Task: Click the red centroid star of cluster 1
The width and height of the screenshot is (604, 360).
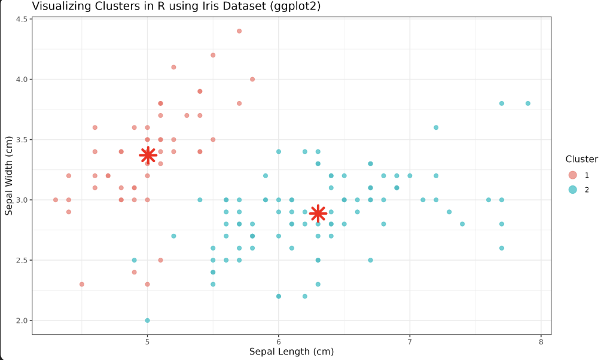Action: [x=148, y=155]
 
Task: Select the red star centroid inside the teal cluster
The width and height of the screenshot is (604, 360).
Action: [x=318, y=213]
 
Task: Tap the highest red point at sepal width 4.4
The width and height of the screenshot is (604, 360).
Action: [x=239, y=31]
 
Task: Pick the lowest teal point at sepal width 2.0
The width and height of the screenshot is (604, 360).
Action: [x=148, y=321]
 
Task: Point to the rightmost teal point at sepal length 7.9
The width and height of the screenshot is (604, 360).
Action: [x=528, y=103]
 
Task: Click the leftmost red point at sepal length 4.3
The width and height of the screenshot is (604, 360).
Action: [x=56, y=200]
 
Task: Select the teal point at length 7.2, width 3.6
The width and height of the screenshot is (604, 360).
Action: [x=436, y=127]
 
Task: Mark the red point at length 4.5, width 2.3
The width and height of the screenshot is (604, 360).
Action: [x=82, y=284]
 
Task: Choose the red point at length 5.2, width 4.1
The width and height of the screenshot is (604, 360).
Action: [x=173, y=67]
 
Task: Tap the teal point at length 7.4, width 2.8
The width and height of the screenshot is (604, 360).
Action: [x=462, y=224]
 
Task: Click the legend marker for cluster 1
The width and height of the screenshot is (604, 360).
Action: [x=572, y=175]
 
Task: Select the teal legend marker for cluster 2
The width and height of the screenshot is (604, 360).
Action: [x=572, y=190]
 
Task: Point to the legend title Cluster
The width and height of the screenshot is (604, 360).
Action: [x=581, y=159]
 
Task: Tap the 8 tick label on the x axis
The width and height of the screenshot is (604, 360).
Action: [x=541, y=341]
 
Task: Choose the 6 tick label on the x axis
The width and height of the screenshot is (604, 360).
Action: [x=279, y=341]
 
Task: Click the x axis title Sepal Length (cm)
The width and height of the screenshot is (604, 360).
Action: [x=291, y=352]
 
